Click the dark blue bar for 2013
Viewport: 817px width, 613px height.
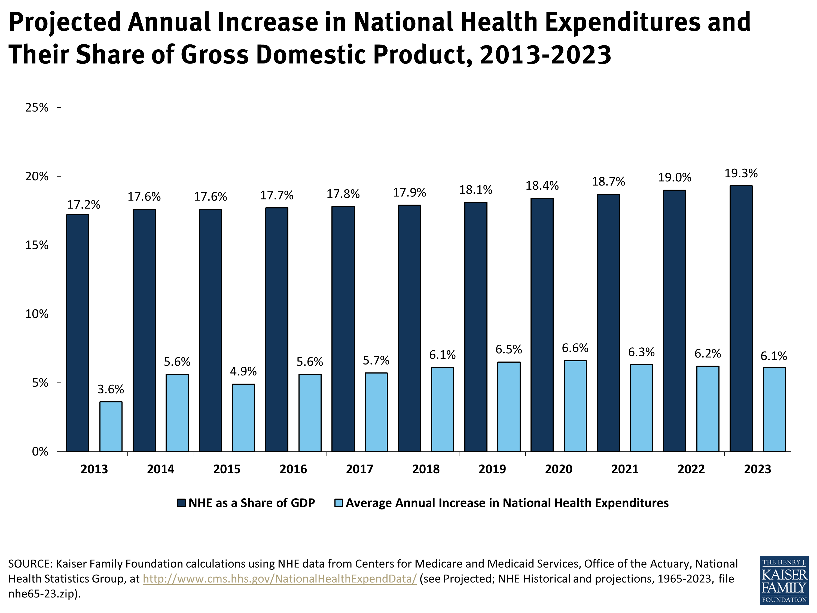[x=78, y=333]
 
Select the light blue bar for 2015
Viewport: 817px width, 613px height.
[x=243, y=418]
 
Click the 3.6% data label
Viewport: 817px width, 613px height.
[x=111, y=389]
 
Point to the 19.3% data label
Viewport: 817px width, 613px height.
[x=741, y=173]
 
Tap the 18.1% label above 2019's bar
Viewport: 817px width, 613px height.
[x=476, y=190]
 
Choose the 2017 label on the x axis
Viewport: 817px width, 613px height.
[x=359, y=469]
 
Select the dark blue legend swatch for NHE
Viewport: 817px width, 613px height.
[x=181, y=503]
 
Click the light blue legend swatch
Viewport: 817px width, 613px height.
[x=338, y=503]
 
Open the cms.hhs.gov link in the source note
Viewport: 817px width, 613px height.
[x=280, y=579]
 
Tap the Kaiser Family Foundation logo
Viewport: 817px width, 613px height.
[x=784, y=580]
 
